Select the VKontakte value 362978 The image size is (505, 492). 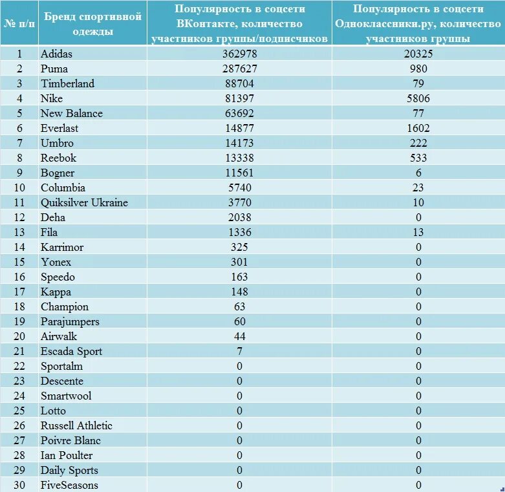(x=239, y=54)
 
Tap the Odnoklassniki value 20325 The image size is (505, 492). (x=418, y=54)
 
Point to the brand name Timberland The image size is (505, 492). (x=67, y=83)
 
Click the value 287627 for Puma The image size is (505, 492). (x=239, y=69)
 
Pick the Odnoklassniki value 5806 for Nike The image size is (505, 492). (x=418, y=98)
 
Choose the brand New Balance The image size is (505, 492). (x=71, y=113)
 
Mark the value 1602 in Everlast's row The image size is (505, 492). (x=418, y=128)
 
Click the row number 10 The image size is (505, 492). (x=19, y=187)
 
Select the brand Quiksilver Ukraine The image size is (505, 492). (x=84, y=202)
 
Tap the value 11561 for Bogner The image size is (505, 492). (x=239, y=173)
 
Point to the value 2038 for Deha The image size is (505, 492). (x=239, y=217)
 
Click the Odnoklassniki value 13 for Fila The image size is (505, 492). (x=418, y=232)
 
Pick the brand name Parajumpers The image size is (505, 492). (x=69, y=321)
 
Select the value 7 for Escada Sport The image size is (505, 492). (x=239, y=351)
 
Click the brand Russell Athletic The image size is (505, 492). (x=76, y=425)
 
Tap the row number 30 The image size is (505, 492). (x=19, y=485)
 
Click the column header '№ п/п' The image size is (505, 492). (x=19, y=23)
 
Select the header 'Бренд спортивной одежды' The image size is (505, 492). (x=92, y=23)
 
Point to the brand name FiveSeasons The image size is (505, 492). (x=69, y=485)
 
